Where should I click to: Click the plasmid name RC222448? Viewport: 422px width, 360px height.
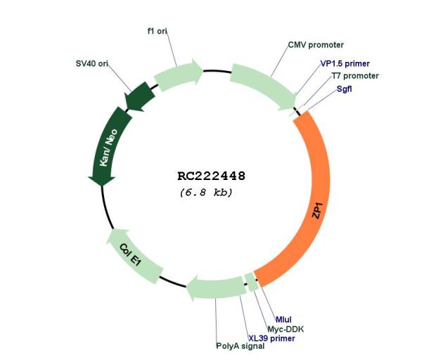[x=211, y=176]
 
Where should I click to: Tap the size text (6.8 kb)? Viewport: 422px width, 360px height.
[x=206, y=193]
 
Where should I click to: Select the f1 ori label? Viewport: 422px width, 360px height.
[x=158, y=31]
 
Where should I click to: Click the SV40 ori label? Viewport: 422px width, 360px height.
[x=92, y=63]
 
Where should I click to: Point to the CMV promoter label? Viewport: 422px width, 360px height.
[x=316, y=45]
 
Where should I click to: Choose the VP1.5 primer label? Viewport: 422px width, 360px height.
[x=345, y=64]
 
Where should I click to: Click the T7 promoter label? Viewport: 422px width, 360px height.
[x=355, y=76]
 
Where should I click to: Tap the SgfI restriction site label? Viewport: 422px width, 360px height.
[x=344, y=89]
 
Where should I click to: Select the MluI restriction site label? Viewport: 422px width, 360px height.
[x=283, y=320]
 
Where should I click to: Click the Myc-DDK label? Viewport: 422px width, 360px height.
[x=286, y=329]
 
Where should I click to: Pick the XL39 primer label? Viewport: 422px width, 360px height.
[x=271, y=338]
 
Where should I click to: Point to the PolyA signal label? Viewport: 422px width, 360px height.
[x=241, y=346]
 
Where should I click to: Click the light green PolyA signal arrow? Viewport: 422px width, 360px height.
[x=217, y=288]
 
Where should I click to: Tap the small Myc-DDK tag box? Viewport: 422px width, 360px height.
[x=253, y=282]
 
